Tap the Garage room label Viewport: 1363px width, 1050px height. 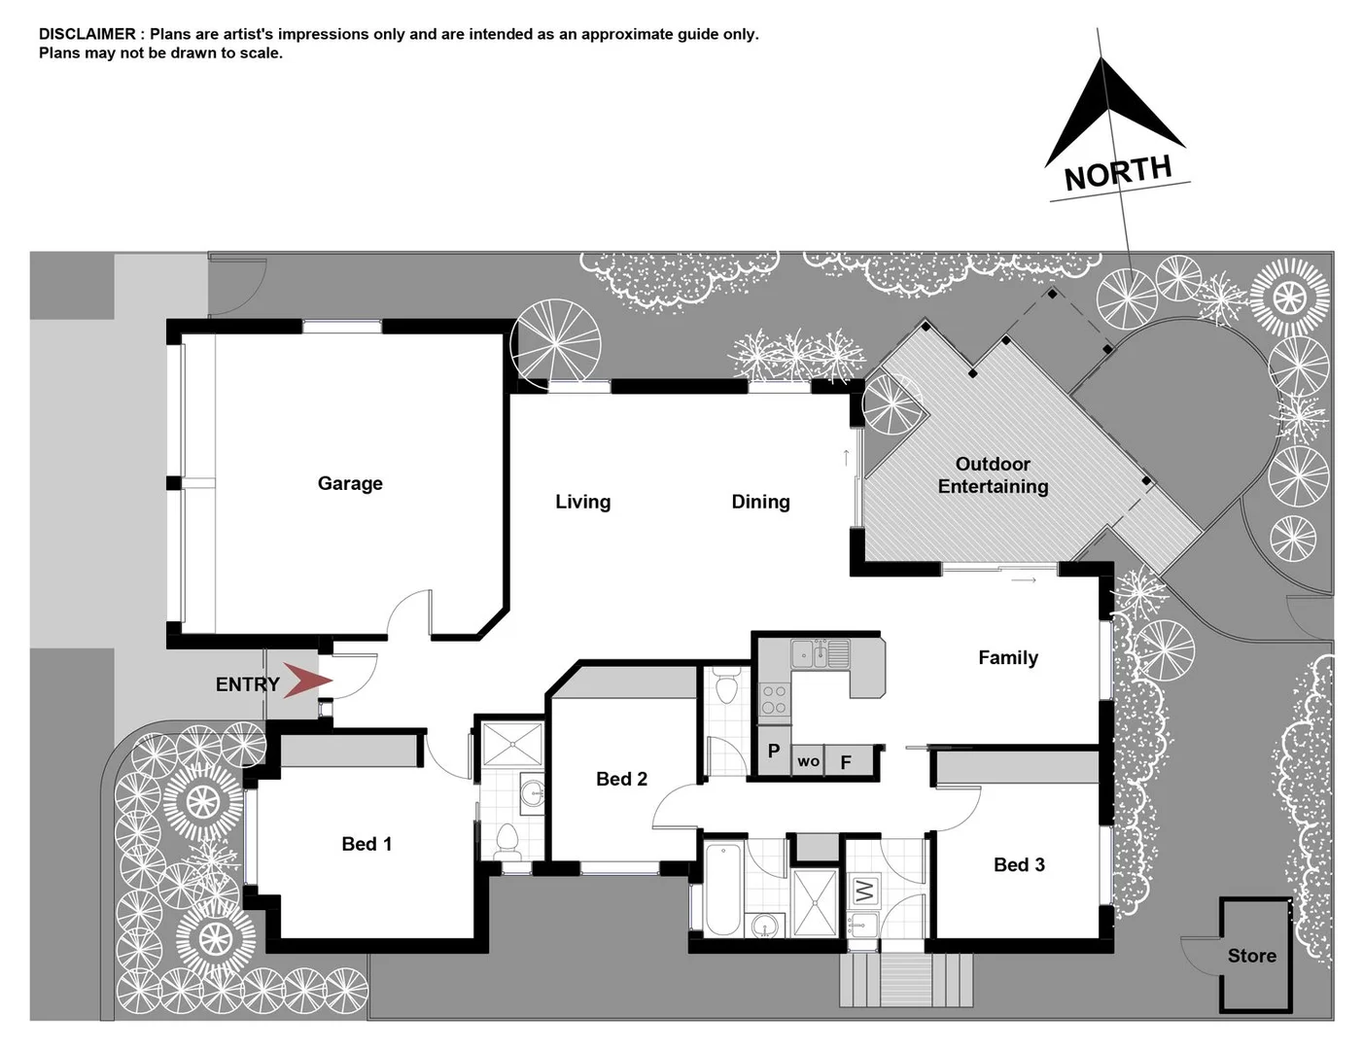tap(350, 483)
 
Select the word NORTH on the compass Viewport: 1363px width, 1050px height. tap(1118, 173)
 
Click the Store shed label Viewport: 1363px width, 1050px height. tap(1251, 956)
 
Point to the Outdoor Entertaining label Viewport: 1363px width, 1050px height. tap(993, 475)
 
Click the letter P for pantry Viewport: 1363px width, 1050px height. tap(774, 752)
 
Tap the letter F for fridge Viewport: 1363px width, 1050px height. tap(846, 762)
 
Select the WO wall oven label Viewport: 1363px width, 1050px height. tap(809, 761)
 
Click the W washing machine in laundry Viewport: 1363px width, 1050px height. tap(864, 889)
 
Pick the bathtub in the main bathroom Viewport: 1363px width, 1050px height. tap(722, 889)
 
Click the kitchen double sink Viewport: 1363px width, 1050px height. tap(820, 653)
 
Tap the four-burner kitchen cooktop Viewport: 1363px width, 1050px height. tap(774, 699)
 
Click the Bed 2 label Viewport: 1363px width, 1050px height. tap(621, 779)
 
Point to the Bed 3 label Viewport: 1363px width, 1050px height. tap(1019, 864)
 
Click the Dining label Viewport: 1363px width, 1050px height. tap(760, 502)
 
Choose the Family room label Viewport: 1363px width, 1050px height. tap(1008, 658)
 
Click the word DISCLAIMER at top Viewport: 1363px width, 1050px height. tap(87, 34)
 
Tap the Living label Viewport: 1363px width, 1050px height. tap(582, 502)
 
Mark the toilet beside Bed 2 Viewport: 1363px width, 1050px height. tap(726, 687)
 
